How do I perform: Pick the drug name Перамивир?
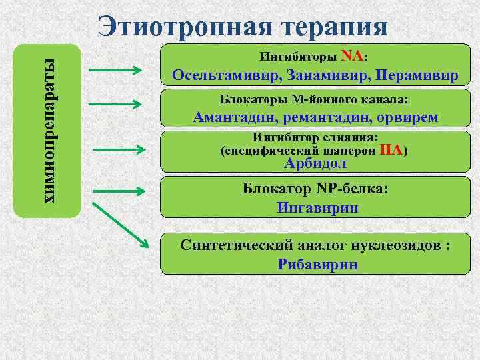pyautogui.click(x=417, y=74)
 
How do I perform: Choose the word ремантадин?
pyautogui.click(x=320, y=117)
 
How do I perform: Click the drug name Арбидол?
pyautogui.click(x=315, y=163)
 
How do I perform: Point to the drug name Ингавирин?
pyautogui.click(x=317, y=207)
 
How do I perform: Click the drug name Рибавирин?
pyautogui.click(x=317, y=264)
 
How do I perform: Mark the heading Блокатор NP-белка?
pyautogui.click(x=315, y=189)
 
